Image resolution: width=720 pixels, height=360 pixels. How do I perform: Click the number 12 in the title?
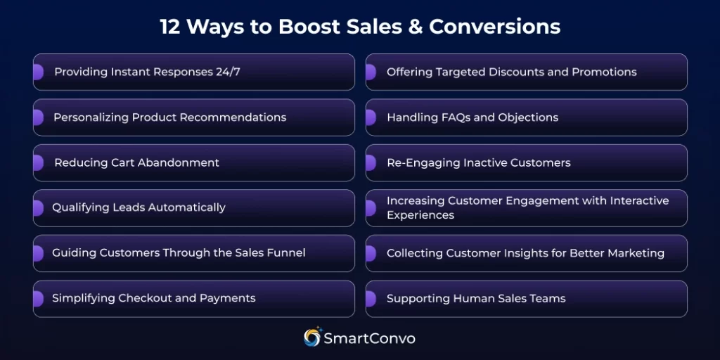tap(170, 27)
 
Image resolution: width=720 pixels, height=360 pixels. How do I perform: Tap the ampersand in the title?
tap(413, 27)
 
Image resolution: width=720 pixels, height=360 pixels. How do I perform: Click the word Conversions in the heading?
tap(495, 27)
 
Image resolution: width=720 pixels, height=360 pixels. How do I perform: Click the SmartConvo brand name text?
tap(370, 338)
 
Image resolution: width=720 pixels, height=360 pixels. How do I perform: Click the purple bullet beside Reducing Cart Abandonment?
tap(38, 162)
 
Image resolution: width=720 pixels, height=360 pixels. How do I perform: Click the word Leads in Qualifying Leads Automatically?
tap(122, 207)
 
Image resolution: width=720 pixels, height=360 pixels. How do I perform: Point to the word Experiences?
tap(420, 215)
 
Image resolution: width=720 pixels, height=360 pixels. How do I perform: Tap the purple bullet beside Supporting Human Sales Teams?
tap(371, 298)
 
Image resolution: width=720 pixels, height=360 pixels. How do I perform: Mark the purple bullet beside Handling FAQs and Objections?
tap(371, 117)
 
